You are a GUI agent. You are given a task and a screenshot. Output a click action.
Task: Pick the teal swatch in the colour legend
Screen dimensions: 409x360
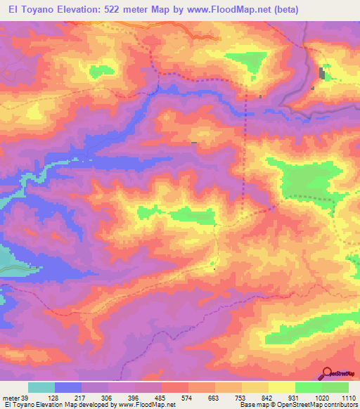click(41, 388)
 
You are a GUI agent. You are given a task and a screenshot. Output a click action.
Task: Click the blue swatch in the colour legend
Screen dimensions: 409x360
click(68, 388)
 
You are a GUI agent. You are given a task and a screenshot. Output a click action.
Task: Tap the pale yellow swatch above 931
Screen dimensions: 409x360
click(282, 388)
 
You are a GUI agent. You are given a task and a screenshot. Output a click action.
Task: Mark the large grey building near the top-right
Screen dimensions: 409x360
click(323, 73)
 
